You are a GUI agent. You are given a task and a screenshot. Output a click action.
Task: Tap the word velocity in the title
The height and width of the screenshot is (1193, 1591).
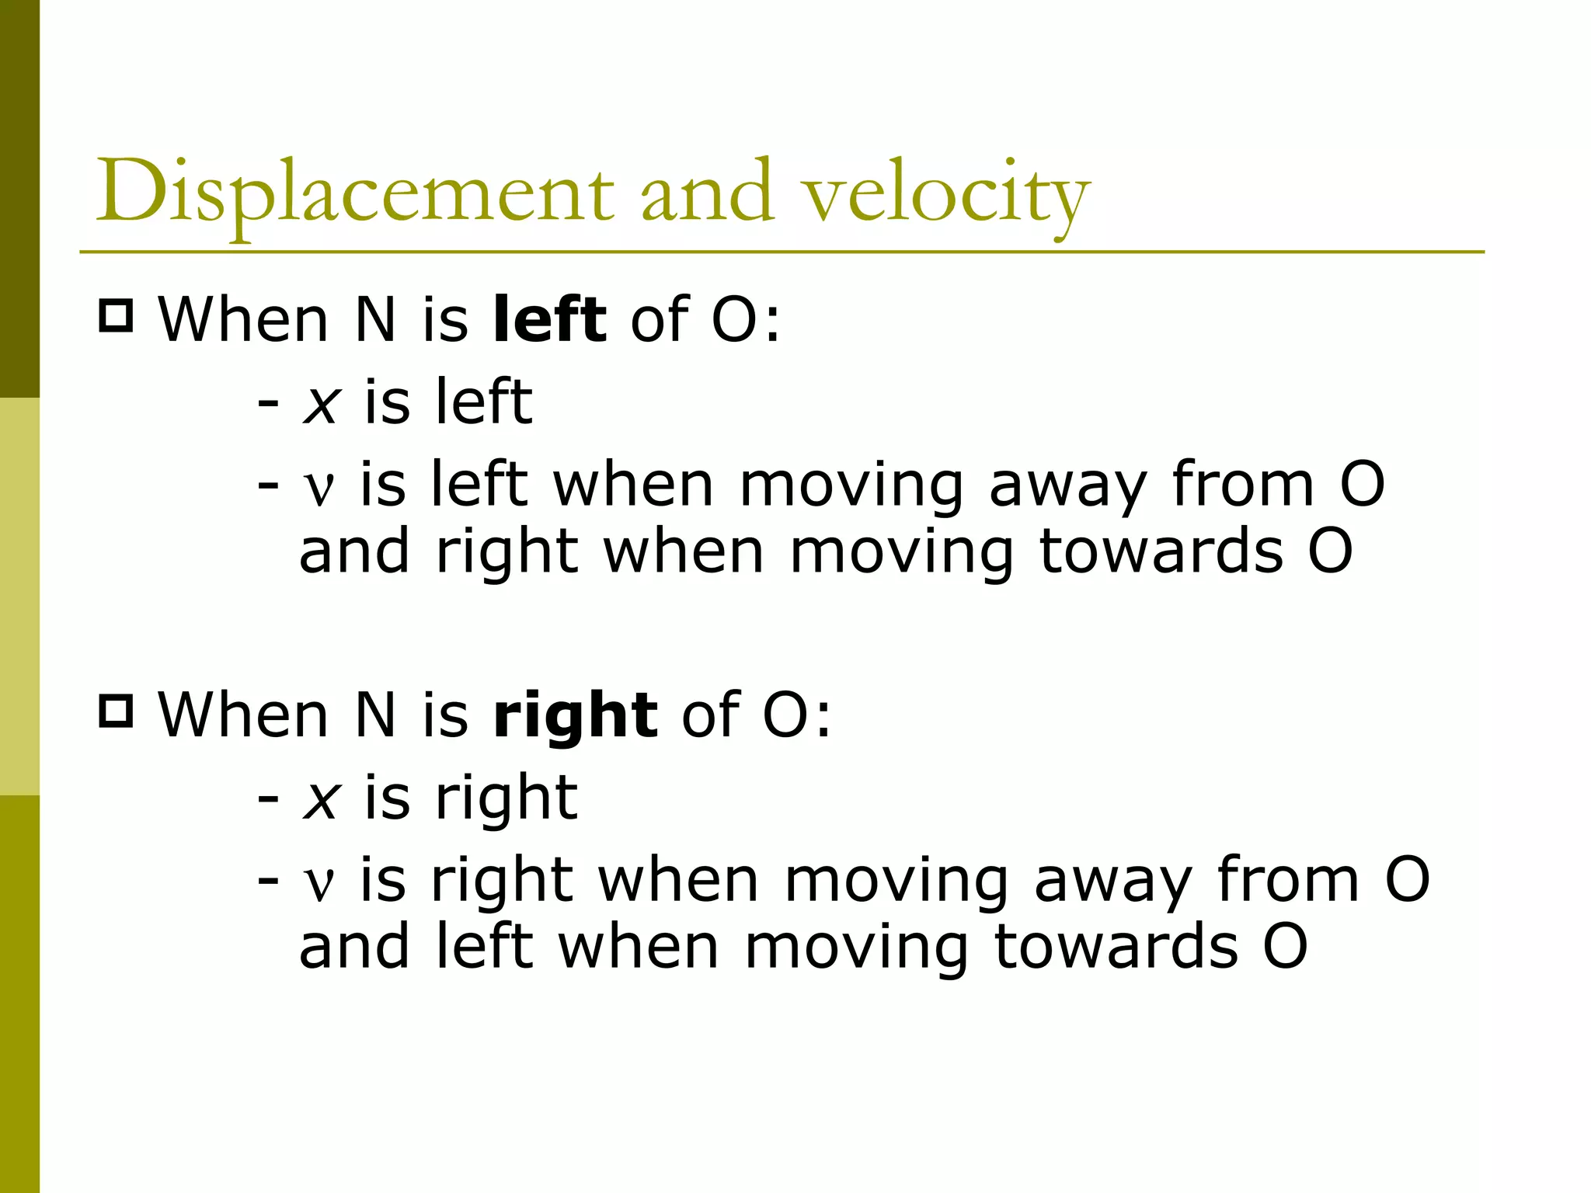tap(945, 194)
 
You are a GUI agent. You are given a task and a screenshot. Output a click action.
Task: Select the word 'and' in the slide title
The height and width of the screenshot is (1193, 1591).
tap(708, 193)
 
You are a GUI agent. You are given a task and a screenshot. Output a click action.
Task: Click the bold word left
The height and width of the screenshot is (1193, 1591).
tap(549, 319)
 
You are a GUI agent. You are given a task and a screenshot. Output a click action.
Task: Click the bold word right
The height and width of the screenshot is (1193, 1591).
tap(575, 715)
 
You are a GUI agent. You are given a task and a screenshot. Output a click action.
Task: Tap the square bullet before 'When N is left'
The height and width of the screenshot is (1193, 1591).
tap(117, 316)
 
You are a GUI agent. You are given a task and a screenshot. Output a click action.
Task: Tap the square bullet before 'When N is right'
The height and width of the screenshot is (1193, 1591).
tap(117, 711)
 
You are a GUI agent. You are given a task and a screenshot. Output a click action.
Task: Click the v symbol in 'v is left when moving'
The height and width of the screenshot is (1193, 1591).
tap(319, 488)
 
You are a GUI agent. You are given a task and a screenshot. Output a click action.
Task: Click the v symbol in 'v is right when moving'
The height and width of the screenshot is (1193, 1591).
tap(319, 883)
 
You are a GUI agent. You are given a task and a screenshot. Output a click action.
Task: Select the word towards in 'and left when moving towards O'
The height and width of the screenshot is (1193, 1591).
tap(1116, 947)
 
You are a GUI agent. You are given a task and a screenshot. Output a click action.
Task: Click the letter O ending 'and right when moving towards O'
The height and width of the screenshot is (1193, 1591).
tap(1330, 551)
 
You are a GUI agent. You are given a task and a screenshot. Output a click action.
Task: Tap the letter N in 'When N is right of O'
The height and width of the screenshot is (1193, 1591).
tap(375, 715)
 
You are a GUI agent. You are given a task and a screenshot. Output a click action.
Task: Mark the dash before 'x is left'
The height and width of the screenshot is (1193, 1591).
tap(268, 404)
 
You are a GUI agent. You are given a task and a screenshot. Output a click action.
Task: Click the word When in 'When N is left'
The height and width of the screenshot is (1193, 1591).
tap(243, 319)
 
